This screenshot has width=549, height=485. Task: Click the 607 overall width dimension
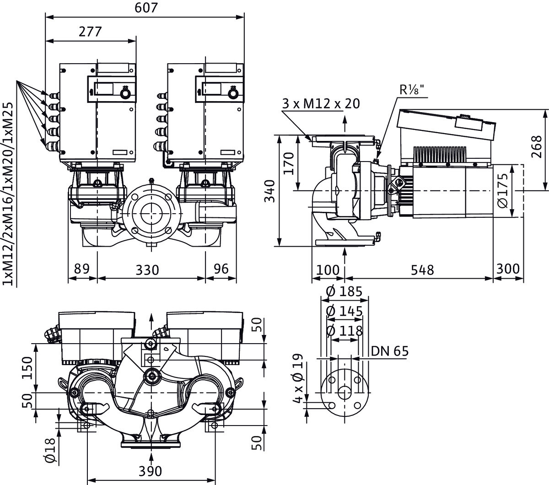[x=147, y=8]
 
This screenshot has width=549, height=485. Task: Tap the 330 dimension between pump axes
[x=147, y=269]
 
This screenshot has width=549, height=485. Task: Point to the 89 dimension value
[x=82, y=269]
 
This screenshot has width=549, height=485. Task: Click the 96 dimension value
[x=221, y=269]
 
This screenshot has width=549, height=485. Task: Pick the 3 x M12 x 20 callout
[x=320, y=103]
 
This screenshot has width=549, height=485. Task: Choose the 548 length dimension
[x=421, y=269]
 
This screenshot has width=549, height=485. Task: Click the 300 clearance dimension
[x=508, y=269]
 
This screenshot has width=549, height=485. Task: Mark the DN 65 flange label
[x=389, y=351]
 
